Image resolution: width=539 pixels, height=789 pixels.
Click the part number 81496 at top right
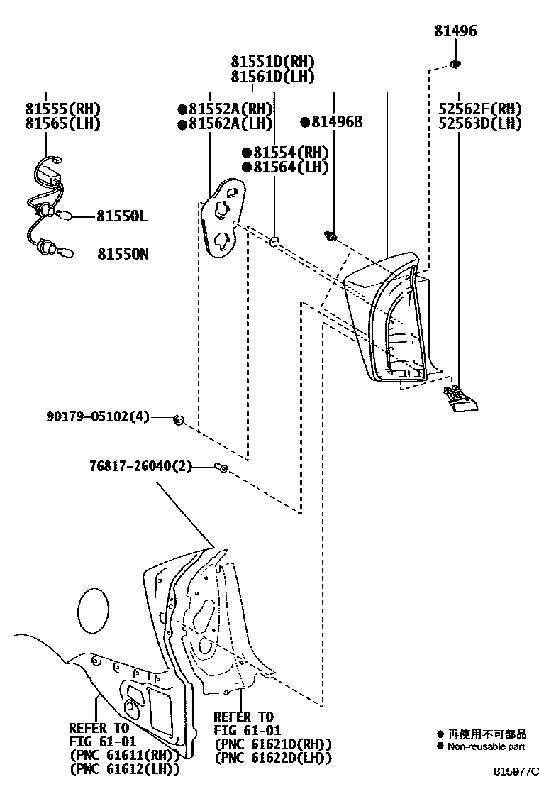tap(455, 31)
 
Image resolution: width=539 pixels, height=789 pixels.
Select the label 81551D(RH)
tap(272, 62)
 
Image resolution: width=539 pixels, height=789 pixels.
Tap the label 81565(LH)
tap(62, 124)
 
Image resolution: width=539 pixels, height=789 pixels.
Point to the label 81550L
tap(122, 216)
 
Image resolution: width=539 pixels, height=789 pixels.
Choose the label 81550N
tap(123, 253)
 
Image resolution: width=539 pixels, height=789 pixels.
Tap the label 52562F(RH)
tap(481, 109)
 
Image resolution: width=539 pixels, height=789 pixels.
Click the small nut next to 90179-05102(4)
tap(179, 421)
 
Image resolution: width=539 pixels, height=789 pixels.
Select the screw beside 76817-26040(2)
tap(221, 468)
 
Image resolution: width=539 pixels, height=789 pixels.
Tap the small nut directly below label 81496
tap(455, 65)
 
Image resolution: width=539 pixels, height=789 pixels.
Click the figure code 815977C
tap(517, 771)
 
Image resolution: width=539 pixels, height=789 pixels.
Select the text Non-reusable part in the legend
tap(486, 746)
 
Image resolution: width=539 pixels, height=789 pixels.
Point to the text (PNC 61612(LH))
tap(124, 769)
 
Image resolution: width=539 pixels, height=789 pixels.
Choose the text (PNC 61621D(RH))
tap(273, 744)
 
